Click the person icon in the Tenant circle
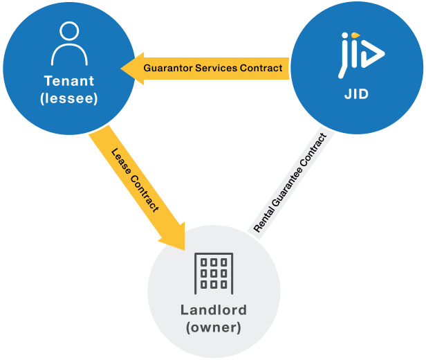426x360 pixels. click(68, 44)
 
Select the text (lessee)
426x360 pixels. click(68, 98)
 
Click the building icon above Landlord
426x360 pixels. click(214, 271)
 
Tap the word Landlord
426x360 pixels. click(214, 309)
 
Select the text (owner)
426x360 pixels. click(214, 327)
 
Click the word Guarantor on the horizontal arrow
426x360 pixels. click(168, 68)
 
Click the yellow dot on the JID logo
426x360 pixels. click(355, 35)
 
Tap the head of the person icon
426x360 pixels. click(68, 32)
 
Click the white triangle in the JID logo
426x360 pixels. click(374, 53)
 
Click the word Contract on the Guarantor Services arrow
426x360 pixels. click(263, 68)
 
